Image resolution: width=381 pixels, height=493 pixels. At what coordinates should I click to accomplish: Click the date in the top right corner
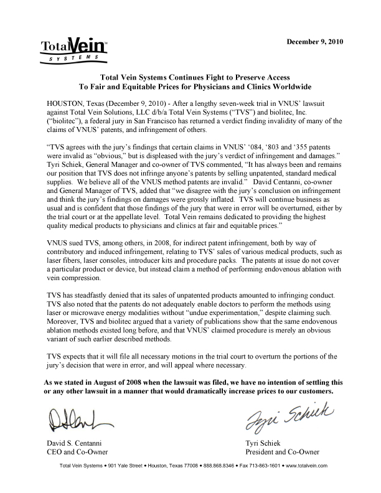pos(314,42)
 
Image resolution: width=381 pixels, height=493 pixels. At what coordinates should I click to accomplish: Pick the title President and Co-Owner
pos(283,452)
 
